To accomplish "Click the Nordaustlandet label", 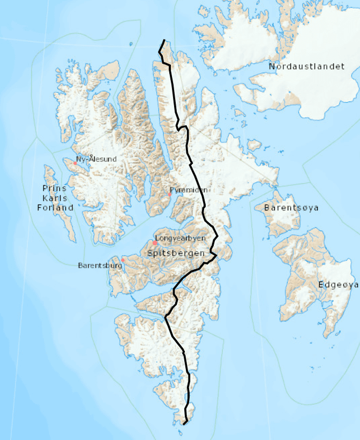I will click(306, 66).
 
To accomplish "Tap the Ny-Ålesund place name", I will click(96, 159).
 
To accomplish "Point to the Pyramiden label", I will click(188, 190).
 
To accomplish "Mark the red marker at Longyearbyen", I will click(155, 243).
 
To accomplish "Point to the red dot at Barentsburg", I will click(123, 260).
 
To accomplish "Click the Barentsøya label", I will click(291, 207).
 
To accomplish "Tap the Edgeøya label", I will click(337, 285).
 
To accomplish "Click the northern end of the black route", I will click(164, 40).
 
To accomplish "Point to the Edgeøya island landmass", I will click(311, 268).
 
